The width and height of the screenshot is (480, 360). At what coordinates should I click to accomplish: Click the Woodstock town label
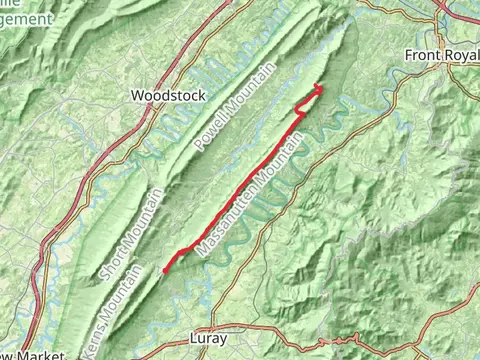[x=167, y=96]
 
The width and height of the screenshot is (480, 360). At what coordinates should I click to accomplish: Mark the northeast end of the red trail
[x=320, y=88]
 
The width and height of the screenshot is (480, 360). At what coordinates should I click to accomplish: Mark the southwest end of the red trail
[x=164, y=270]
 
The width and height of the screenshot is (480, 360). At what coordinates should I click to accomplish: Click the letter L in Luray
[x=194, y=339]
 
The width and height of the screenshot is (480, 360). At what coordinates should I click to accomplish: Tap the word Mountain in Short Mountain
[x=140, y=218]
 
